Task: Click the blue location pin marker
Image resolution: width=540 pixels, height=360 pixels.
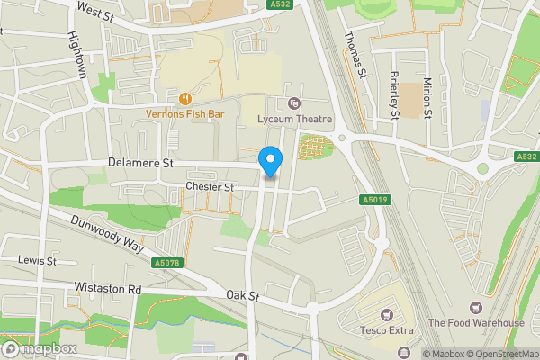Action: [x=271, y=160]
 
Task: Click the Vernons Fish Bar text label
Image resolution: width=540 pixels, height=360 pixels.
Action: [x=184, y=114]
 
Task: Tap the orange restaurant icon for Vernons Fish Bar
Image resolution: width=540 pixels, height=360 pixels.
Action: [x=184, y=99]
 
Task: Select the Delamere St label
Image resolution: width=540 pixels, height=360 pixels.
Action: [x=139, y=164]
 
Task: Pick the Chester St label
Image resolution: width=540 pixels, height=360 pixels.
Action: [x=209, y=187]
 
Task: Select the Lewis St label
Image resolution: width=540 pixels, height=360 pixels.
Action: [x=38, y=260]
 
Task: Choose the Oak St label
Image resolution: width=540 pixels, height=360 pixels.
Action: [x=243, y=295]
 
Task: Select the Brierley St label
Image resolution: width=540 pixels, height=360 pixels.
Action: [x=394, y=94]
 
